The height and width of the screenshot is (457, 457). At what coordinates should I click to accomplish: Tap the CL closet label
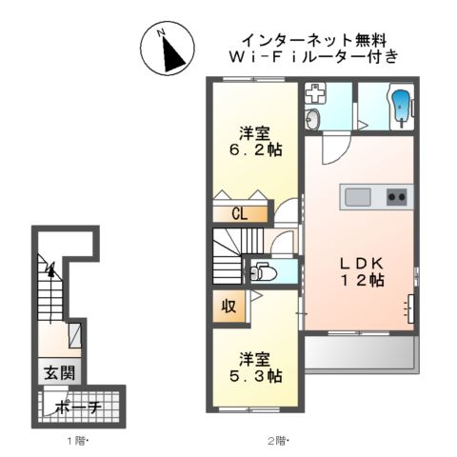pos(238,213)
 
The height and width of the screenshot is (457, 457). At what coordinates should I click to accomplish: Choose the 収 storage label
pos(229,307)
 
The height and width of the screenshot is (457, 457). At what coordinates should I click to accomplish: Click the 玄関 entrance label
pos(53,371)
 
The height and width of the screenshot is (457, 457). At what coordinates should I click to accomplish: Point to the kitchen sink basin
pos(358,197)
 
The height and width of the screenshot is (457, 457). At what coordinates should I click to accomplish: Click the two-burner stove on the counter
pos(396,197)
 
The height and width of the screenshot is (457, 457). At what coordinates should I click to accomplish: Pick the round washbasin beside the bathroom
pos(313,119)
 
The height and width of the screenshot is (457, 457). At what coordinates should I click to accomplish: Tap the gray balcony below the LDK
pos(359,355)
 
